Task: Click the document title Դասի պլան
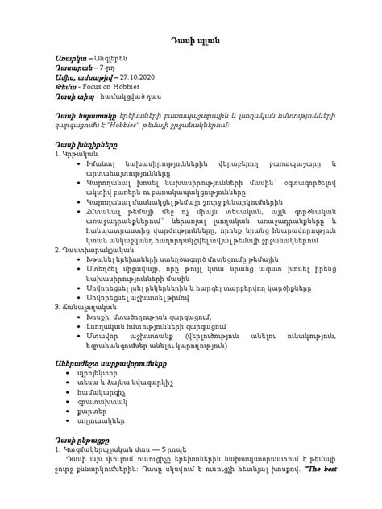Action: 191,40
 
